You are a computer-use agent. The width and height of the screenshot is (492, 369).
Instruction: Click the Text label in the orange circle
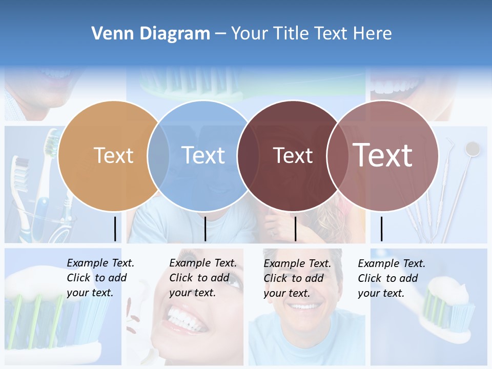pyautogui.click(x=113, y=155)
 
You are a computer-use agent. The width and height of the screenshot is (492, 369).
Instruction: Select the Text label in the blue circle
pyautogui.click(x=203, y=155)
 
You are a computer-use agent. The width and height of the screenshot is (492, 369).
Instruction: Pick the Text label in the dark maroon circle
pyautogui.click(x=293, y=155)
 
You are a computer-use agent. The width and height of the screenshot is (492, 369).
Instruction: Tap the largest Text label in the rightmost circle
pyautogui.click(x=383, y=155)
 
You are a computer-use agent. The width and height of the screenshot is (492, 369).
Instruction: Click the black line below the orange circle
pyautogui.click(x=115, y=229)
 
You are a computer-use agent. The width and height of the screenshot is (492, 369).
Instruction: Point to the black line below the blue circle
pyautogui.click(x=205, y=229)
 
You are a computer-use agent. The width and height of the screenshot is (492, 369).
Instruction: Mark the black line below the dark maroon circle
pyautogui.click(x=295, y=229)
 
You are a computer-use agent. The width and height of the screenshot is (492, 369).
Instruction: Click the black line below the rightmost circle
pyautogui.click(x=381, y=229)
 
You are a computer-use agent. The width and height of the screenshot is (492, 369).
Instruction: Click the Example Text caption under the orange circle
pyautogui.click(x=100, y=278)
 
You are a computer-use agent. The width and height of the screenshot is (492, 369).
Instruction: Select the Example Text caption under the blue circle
pyautogui.click(x=203, y=278)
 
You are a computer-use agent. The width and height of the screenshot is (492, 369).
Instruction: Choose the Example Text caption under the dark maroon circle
pyautogui.click(x=297, y=278)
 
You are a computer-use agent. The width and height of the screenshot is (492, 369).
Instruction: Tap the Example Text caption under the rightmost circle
pyautogui.click(x=392, y=278)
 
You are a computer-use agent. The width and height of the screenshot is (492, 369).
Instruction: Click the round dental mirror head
pyautogui.click(x=472, y=149)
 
